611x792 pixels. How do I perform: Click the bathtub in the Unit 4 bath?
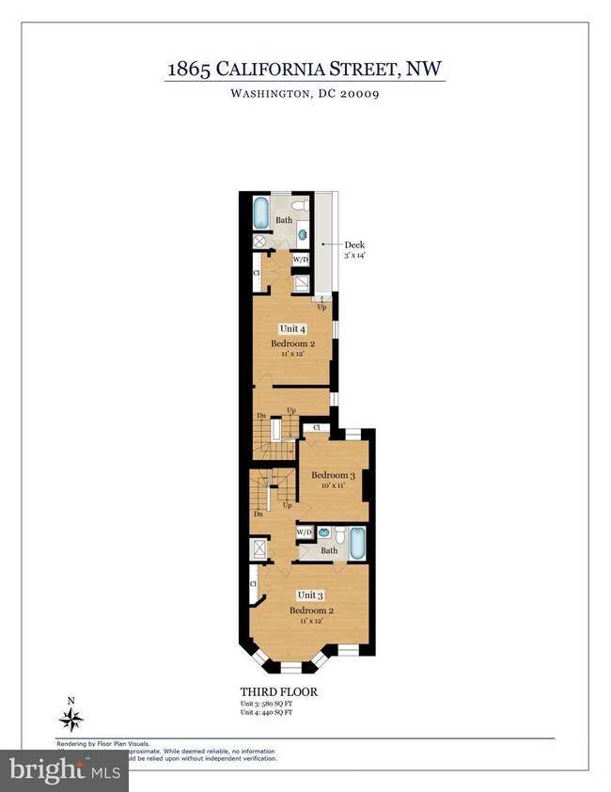pyautogui.click(x=260, y=212)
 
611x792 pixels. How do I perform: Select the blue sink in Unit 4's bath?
pyautogui.click(x=304, y=235)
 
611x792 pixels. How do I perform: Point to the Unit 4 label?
pyautogui.click(x=291, y=328)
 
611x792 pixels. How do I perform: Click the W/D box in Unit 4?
pyautogui.click(x=301, y=260)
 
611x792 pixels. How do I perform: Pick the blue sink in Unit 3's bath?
pyautogui.click(x=323, y=532)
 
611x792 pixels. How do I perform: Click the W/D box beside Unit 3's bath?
pyautogui.click(x=305, y=532)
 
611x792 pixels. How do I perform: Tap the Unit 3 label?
pyautogui.click(x=310, y=594)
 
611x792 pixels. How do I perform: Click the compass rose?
pyautogui.click(x=71, y=720)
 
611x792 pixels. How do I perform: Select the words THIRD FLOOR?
pyautogui.click(x=279, y=692)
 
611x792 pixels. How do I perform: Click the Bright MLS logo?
pyautogui.click(x=63, y=771)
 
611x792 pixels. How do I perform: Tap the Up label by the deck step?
pyautogui.click(x=321, y=308)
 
